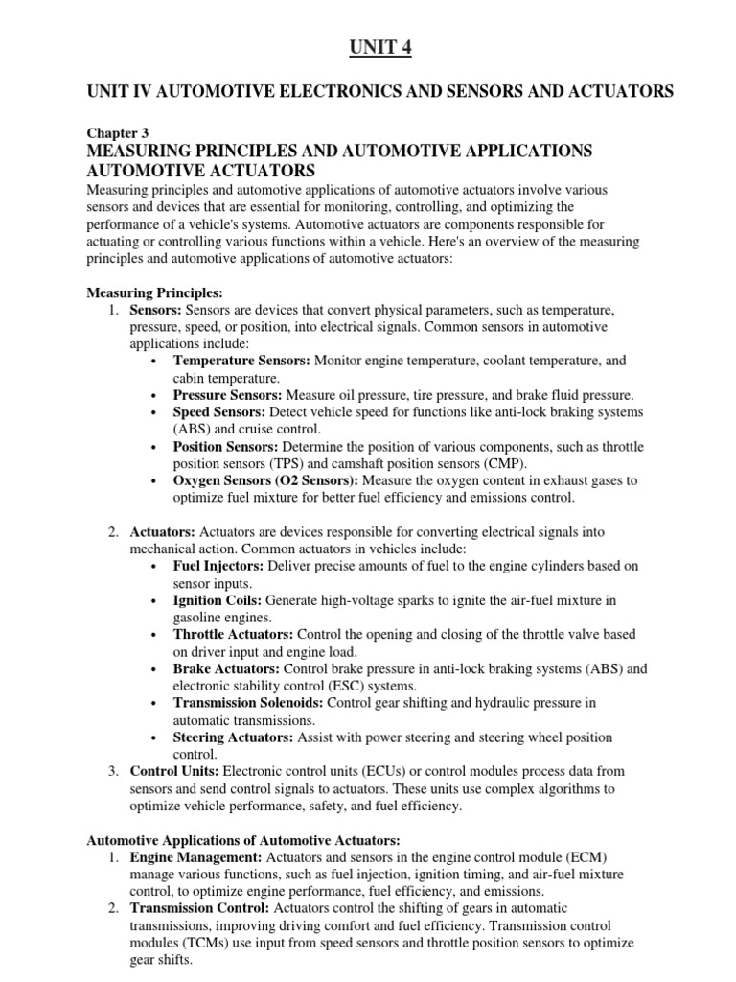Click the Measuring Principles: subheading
(x=154, y=292)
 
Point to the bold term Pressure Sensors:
(x=228, y=395)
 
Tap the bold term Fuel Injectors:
(x=219, y=566)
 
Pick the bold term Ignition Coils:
(x=218, y=600)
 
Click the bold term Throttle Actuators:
(x=234, y=635)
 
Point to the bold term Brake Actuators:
(x=226, y=668)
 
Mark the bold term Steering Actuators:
(x=233, y=737)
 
